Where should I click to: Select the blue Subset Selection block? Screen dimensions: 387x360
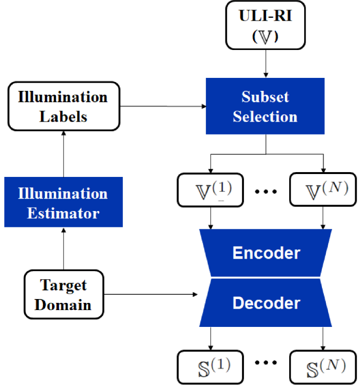[x=265, y=106]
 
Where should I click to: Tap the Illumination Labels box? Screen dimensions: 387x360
[x=63, y=106]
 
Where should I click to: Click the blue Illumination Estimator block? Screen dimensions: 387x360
[x=63, y=202]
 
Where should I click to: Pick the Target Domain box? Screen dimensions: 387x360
[x=63, y=294]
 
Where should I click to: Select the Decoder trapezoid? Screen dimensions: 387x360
[x=266, y=303]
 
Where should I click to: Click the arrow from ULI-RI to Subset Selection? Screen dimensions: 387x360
[x=265, y=62]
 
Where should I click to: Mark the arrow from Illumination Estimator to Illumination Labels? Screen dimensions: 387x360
[x=63, y=154]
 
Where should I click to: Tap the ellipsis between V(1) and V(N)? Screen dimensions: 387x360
[x=266, y=191]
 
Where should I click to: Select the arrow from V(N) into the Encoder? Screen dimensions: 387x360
[x=322, y=218]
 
